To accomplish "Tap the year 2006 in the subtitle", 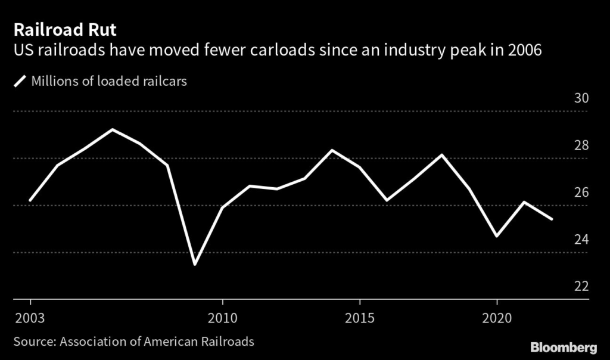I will pos(525,51).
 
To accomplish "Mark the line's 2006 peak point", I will pos(113,129).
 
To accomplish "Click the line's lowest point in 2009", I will pos(195,264).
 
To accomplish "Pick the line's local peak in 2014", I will pos(332,150).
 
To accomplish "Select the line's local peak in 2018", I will pos(442,155).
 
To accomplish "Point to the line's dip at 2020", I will pos(497,236).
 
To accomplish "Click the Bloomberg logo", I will pos(564,347).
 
